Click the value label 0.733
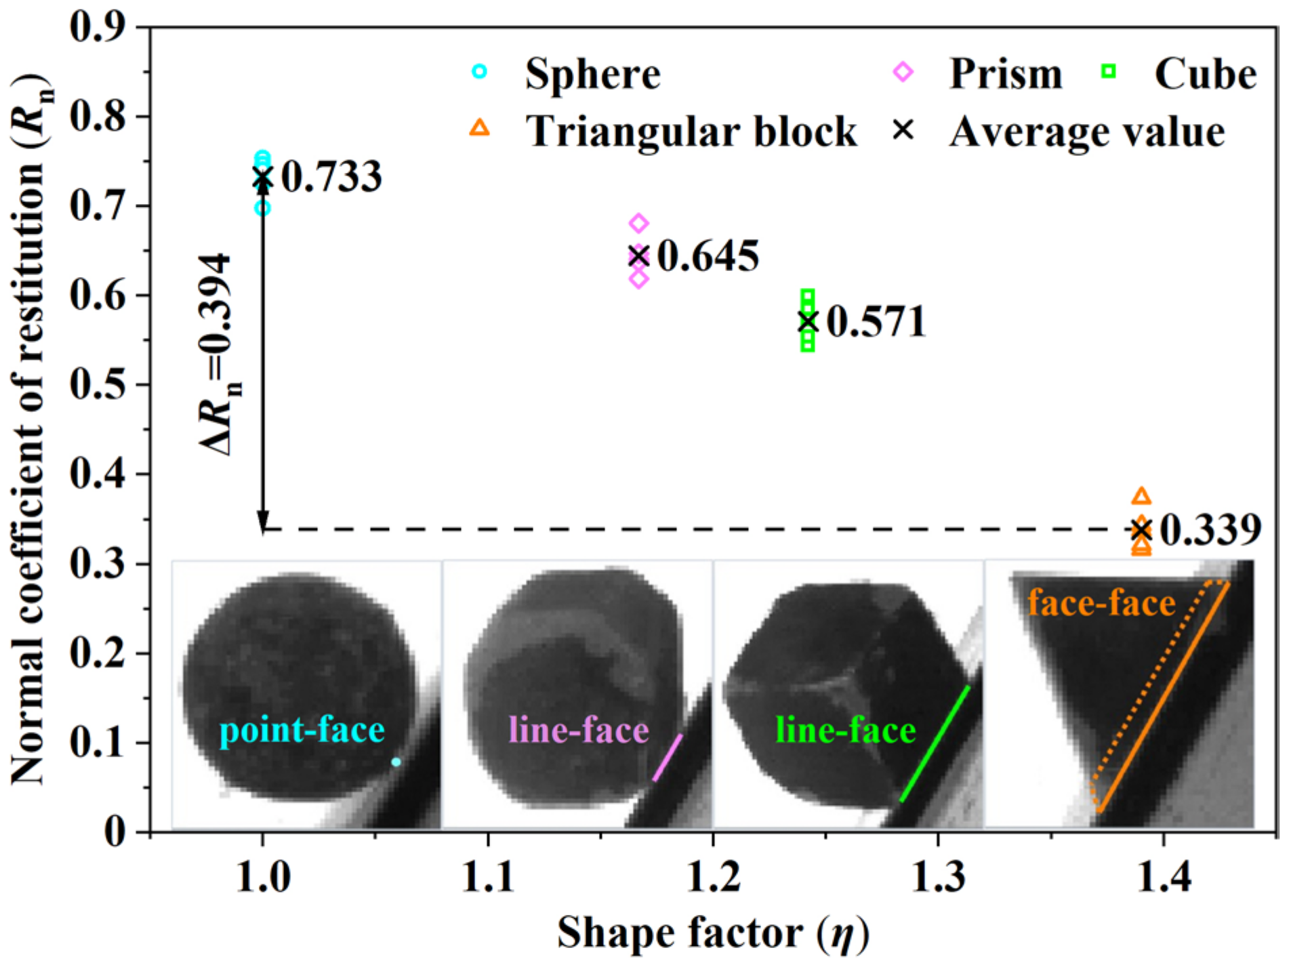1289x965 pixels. click(x=331, y=177)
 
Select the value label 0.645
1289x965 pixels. click(x=708, y=256)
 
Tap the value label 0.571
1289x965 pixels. click(x=876, y=321)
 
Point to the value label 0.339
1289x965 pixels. click(x=1210, y=530)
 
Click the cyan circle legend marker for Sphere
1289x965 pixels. click(x=479, y=71)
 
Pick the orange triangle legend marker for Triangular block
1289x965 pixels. click(x=479, y=127)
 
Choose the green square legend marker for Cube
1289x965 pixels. click(x=1109, y=71)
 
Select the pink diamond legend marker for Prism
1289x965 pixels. click(x=903, y=71)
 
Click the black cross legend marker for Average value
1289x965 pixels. click(x=903, y=129)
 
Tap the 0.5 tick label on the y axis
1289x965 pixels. click(x=97, y=384)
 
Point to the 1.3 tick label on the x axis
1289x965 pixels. click(x=938, y=877)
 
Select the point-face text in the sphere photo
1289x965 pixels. click(x=302, y=731)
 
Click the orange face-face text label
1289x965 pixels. click(x=1101, y=602)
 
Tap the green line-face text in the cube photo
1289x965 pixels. click(x=845, y=731)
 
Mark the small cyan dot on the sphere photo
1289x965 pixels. click(x=396, y=762)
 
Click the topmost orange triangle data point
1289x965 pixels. click(x=1141, y=497)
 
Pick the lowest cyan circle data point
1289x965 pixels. click(x=262, y=208)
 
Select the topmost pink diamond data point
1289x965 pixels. click(x=638, y=223)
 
